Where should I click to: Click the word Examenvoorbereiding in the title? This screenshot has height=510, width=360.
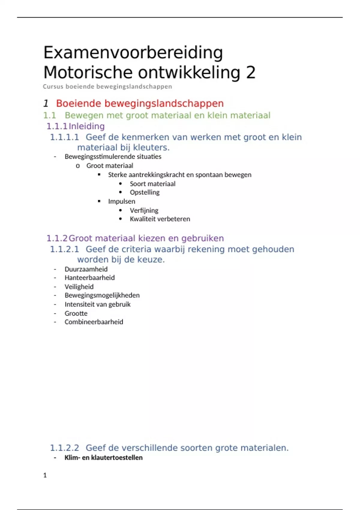click(133, 53)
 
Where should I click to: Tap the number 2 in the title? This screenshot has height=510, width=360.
click(251, 73)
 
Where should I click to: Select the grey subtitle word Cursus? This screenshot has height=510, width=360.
click(53, 87)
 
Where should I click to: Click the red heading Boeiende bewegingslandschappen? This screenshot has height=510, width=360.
click(140, 103)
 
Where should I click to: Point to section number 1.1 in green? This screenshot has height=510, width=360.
click(49, 115)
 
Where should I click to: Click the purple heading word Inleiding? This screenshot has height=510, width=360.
click(87, 126)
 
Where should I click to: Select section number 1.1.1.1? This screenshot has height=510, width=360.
click(64, 137)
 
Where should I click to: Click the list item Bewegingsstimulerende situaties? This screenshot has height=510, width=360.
click(113, 157)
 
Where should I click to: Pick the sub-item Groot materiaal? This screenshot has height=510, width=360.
click(109, 166)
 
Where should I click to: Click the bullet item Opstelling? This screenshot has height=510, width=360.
click(145, 192)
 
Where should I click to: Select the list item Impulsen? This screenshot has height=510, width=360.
click(121, 201)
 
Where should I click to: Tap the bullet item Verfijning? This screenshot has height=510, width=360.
click(144, 211)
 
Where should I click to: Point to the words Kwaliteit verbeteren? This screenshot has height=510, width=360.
click(160, 219)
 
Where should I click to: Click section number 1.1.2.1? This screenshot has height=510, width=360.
click(64, 249)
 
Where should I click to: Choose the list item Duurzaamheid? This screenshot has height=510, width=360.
click(86, 269)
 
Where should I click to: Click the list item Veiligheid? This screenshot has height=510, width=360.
click(79, 287)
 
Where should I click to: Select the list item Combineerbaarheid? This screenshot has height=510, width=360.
click(94, 322)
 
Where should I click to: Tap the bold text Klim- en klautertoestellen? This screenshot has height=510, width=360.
click(103, 458)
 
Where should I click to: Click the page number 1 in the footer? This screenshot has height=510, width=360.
click(45, 475)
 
